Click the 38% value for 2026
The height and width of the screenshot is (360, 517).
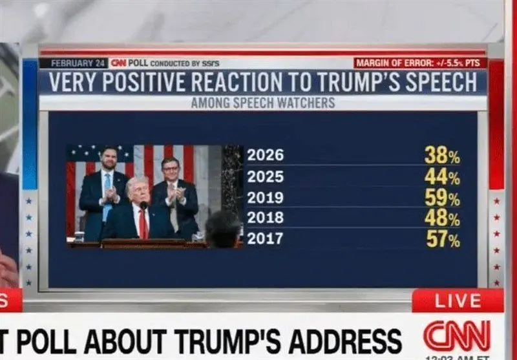(442, 156)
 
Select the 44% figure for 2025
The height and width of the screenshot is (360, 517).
(442, 176)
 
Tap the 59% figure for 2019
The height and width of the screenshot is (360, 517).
(442, 198)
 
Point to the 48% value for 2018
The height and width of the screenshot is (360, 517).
(442, 218)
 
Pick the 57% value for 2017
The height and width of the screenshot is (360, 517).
(442, 239)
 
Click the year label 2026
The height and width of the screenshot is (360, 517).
(265, 156)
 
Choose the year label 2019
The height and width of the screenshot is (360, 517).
(265, 197)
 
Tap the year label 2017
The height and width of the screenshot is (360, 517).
(265, 239)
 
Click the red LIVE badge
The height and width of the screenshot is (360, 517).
(458, 301)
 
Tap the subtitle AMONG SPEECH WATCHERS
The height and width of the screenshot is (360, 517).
(263, 103)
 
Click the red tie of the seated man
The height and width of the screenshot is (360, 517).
(143, 222)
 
